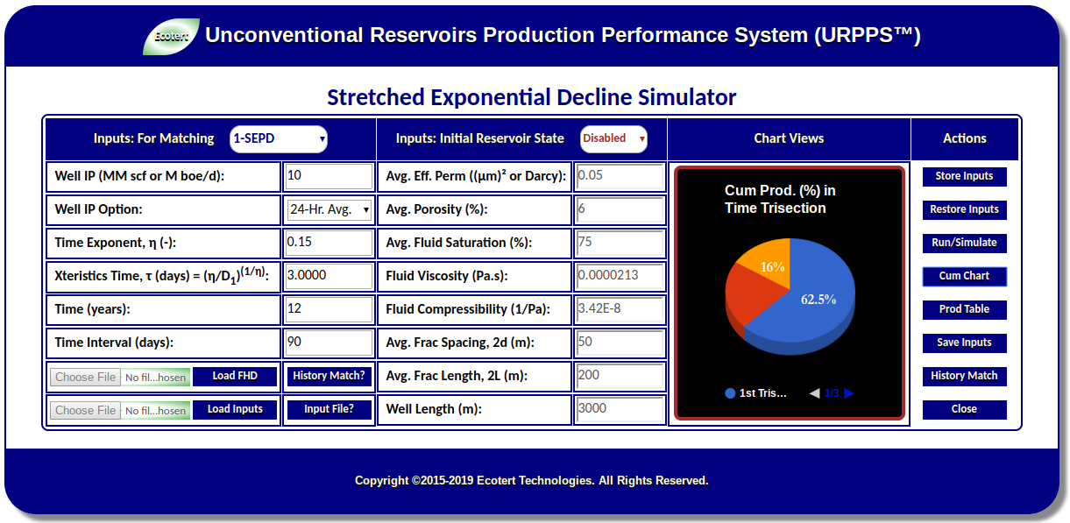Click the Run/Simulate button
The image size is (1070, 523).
964,243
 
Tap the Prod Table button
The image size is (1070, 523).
964,309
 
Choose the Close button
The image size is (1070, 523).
964,409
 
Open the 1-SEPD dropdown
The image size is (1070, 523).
279,139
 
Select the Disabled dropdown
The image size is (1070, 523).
613,139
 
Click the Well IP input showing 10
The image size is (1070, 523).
329,176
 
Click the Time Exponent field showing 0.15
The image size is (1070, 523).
329,243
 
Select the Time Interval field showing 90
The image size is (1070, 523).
329,343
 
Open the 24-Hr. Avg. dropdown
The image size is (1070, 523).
330,209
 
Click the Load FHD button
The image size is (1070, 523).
235,377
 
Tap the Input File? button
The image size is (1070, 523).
329,409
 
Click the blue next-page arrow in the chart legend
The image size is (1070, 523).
849,393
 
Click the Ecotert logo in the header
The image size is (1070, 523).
171,36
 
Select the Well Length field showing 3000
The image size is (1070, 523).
620,409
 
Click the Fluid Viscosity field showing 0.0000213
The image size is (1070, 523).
620,276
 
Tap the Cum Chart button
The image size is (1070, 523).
964,276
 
